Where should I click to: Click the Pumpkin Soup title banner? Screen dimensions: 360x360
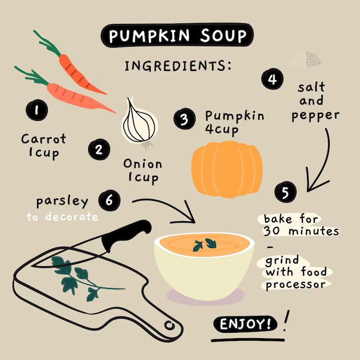pos(177,36)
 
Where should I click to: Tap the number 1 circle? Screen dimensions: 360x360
pos(37,110)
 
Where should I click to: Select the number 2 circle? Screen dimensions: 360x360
pos(99,149)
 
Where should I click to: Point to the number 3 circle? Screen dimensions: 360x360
pos(184,119)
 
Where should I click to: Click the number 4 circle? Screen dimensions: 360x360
pos(272,79)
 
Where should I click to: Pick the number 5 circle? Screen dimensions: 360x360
pos(286,192)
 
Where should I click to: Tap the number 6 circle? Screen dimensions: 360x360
pos(109,199)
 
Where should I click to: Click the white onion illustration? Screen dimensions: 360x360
pos(140,122)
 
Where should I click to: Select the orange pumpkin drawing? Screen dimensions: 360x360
pos(227,169)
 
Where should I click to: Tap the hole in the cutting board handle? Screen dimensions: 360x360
pos(169,325)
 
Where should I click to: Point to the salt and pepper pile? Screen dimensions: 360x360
pos(305,59)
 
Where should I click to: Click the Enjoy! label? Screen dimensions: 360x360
pos(246,324)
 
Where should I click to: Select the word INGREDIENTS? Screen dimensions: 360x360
pos(178,66)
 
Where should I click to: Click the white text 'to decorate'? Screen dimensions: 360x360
pos(62,217)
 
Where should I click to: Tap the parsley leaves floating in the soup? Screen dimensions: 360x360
pos(204,244)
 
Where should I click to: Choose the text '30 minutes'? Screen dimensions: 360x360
pos(301,231)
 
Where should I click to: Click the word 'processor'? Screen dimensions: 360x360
pos(295,285)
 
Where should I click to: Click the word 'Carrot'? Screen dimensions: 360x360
pos(44,139)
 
